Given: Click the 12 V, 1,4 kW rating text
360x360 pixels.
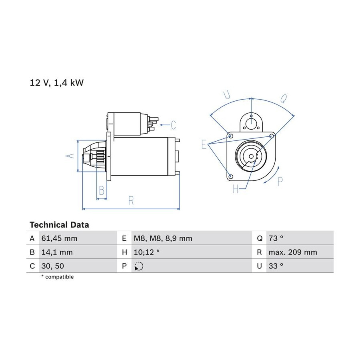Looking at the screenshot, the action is coord(57,83).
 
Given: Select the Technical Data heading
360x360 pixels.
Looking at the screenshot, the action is coord(59,225).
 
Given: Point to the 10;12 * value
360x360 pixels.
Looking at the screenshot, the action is coord(146,252).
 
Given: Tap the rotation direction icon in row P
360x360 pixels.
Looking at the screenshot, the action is coord(139,266).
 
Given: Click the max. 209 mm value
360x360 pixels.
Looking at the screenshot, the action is coord(293,252).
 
